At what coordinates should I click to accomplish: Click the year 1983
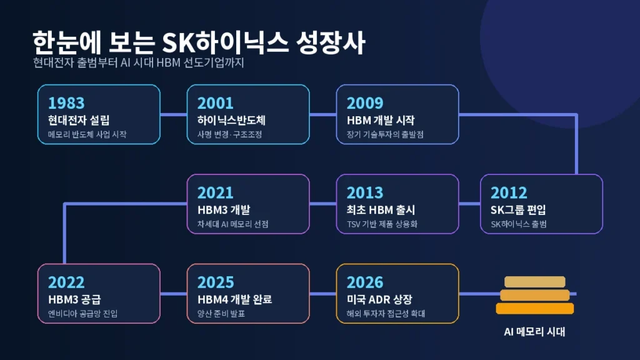(x=66, y=103)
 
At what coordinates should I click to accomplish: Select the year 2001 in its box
(x=215, y=103)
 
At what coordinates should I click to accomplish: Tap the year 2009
(x=365, y=103)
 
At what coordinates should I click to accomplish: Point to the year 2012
(x=509, y=192)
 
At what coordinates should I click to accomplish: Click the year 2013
(x=365, y=192)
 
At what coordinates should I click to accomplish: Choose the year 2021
(x=215, y=192)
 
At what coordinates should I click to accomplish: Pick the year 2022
(x=66, y=282)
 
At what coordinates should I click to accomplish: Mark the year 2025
(x=216, y=282)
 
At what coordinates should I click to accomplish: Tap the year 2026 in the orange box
(x=365, y=282)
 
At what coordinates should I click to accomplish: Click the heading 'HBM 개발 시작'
(x=381, y=121)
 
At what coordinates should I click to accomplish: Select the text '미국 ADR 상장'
(x=379, y=299)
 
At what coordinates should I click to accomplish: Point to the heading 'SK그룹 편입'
(x=518, y=210)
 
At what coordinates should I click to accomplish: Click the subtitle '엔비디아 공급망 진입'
(x=83, y=314)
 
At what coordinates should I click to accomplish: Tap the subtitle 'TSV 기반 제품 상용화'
(x=382, y=224)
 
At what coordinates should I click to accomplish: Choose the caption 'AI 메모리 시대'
(x=535, y=331)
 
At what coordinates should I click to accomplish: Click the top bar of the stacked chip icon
(x=535, y=282)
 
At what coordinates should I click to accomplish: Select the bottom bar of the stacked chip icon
(x=535, y=309)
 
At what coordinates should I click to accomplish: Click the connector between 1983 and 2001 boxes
(x=174, y=114)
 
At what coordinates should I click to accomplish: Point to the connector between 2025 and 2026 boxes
(x=323, y=294)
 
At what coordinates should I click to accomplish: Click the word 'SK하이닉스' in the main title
(x=225, y=42)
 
